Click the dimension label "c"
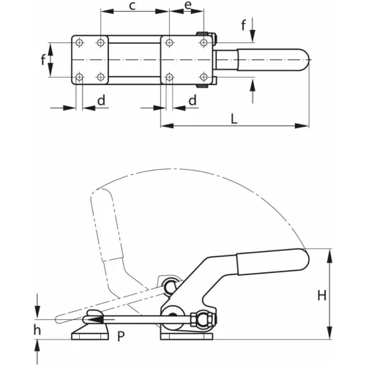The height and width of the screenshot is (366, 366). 132,6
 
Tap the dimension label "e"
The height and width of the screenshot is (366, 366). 188,5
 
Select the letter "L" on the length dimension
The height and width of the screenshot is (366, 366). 234,119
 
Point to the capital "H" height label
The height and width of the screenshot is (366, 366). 322,295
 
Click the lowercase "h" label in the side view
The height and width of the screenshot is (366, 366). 37,329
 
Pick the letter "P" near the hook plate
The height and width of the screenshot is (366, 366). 121,336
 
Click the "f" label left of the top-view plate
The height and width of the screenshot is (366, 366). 43,59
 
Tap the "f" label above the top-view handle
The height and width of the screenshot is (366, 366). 244,26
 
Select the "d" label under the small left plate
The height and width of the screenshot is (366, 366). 101,100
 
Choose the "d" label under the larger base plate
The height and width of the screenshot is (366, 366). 193,100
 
